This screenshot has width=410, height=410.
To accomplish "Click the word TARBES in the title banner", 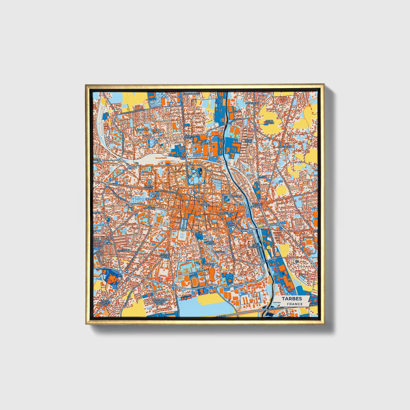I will [292, 298].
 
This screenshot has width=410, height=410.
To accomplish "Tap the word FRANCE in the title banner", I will [295, 304].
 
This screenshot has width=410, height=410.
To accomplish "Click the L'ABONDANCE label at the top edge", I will [192, 93].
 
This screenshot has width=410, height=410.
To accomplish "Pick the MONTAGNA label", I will [252, 103].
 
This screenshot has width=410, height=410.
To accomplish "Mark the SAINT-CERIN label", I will [249, 141].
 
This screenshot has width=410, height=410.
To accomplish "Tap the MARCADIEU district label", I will [225, 213].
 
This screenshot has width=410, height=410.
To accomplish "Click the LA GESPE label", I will [124, 250].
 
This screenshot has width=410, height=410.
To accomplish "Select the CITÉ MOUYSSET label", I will [254, 246].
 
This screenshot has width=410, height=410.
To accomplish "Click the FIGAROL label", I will [219, 252].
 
